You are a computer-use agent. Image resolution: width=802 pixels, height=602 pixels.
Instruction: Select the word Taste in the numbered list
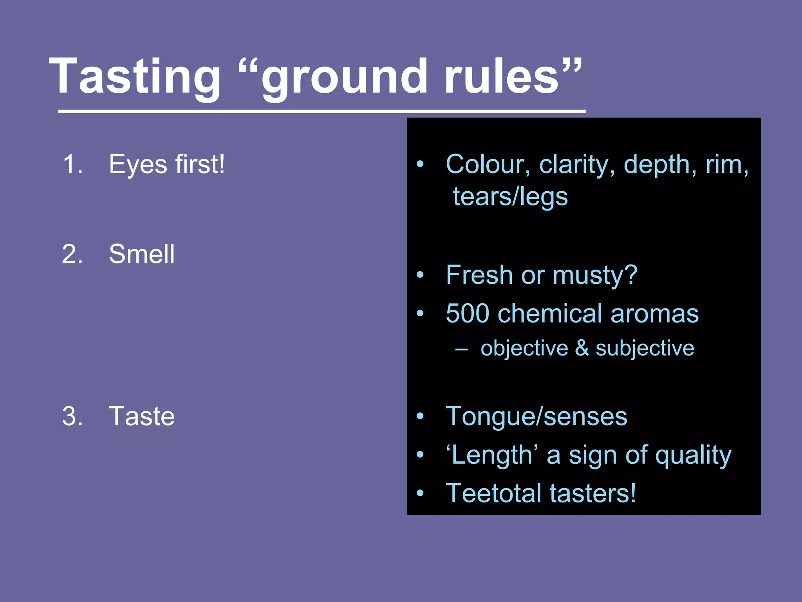tap(141, 416)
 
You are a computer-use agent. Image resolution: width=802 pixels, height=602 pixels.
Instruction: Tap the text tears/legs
tap(510, 196)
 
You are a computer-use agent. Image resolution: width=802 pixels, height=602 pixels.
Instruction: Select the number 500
tap(468, 314)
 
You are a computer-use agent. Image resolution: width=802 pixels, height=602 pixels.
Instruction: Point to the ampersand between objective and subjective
tap(582, 348)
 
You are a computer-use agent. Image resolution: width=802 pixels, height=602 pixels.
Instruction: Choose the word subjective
tap(645, 348)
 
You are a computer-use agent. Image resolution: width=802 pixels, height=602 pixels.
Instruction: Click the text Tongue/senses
tap(536, 416)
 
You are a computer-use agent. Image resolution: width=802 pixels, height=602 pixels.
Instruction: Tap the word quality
tap(693, 455)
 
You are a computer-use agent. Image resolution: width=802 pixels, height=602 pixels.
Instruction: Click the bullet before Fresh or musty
tap(420, 275)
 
